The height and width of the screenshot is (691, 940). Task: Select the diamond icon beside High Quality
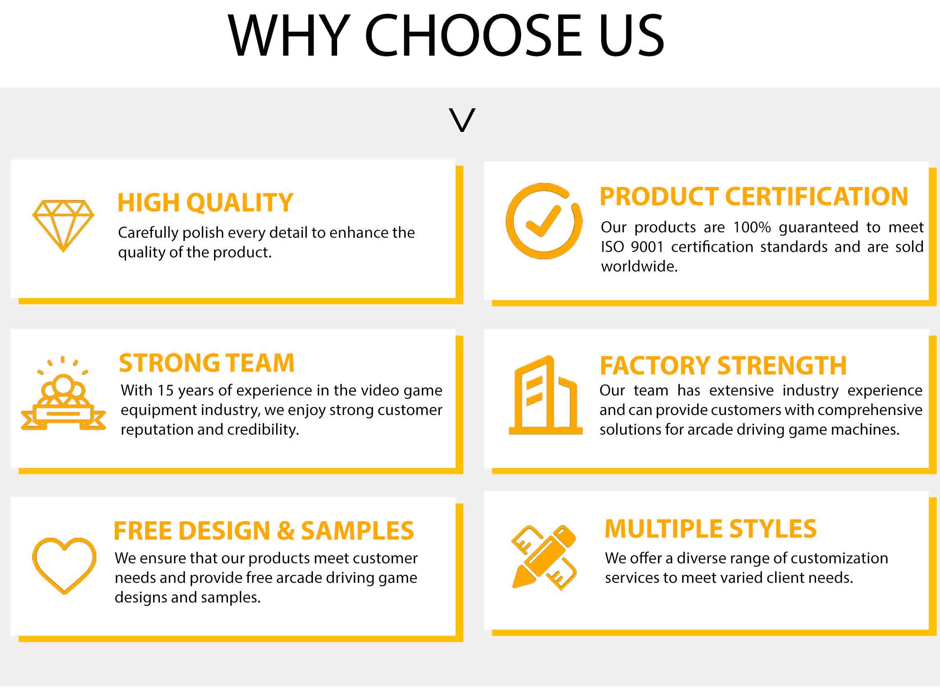[x=63, y=226]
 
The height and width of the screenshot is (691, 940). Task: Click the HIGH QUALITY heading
[x=205, y=202]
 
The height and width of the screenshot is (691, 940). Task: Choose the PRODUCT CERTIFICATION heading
[x=754, y=196]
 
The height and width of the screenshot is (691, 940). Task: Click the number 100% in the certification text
[x=752, y=227]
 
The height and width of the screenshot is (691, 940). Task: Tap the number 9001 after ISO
[x=647, y=247]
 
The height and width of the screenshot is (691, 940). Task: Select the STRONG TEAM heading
[x=207, y=363]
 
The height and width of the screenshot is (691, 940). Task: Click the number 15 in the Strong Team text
[x=165, y=390]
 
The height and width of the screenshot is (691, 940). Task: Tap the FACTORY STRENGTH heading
[x=723, y=366]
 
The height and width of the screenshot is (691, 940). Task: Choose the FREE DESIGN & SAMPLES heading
[x=263, y=531]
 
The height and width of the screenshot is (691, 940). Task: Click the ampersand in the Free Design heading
[x=286, y=531]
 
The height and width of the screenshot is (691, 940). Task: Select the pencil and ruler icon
[x=544, y=558]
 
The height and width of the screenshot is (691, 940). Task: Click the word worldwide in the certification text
[x=639, y=266]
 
